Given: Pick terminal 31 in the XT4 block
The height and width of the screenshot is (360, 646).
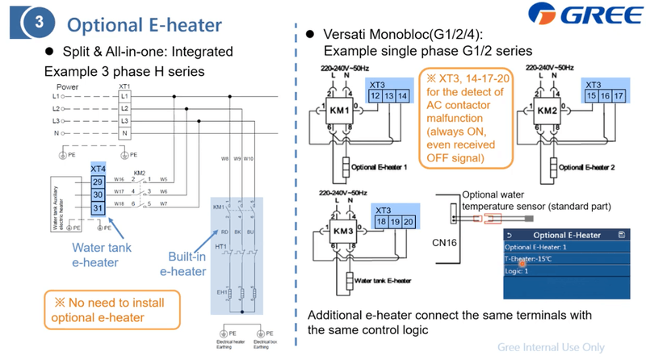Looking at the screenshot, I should [x=98, y=210].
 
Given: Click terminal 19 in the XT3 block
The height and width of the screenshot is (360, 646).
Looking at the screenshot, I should [x=395, y=222].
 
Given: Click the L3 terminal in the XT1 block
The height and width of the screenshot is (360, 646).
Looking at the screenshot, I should [x=124, y=120].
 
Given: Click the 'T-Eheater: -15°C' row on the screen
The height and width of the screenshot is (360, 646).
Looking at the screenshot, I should [x=530, y=261].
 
